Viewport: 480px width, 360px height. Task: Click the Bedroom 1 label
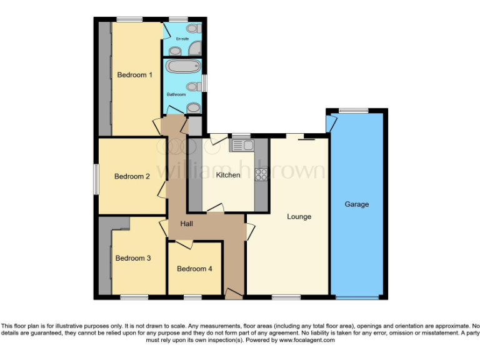click(x=135, y=75)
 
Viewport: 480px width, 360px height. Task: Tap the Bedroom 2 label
click(x=132, y=176)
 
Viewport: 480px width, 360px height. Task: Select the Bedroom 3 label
click(x=133, y=258)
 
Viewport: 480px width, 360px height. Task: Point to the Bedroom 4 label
click(x=194, y=269)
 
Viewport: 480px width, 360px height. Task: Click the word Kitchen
click(x=228, y=175)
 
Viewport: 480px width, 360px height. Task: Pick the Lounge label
click(x=299, y=217)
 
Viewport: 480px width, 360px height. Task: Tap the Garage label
click(x=357, y=204)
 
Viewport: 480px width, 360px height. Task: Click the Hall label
click(x=187, y=224)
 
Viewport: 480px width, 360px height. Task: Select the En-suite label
click(x=182, y=39)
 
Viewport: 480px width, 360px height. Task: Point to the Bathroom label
click(x=176, y=94)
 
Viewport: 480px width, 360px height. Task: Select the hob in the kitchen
click(x=261, y=175)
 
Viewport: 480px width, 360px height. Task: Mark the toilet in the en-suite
click(x=193, y=29)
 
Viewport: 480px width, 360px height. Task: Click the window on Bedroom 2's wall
click(x=96, y=177)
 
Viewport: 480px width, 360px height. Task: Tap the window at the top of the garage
click(x=354, y=111)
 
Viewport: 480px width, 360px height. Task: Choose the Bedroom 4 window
click(x=192, y=297)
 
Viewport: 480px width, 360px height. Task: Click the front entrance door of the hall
click(x=234, y=293)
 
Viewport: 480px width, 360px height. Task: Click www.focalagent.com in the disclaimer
click(x=307, y=341)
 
